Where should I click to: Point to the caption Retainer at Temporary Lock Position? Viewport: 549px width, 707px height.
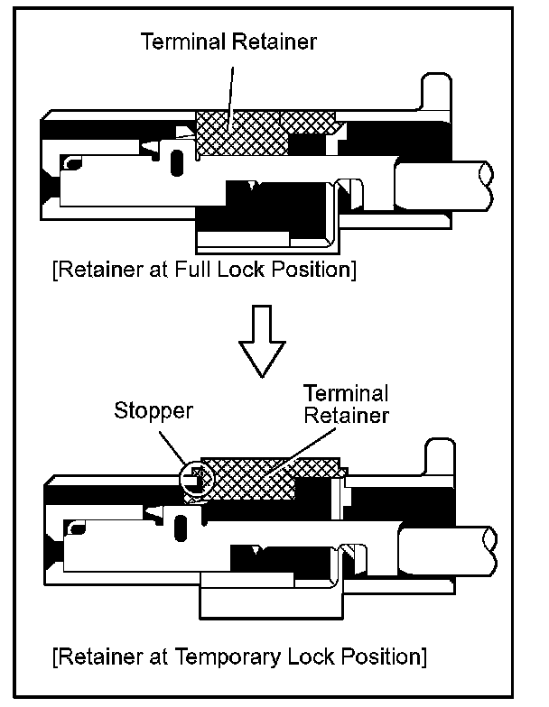[x=240, y=654]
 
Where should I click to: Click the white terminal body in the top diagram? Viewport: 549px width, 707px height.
[x=135, y=180]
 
